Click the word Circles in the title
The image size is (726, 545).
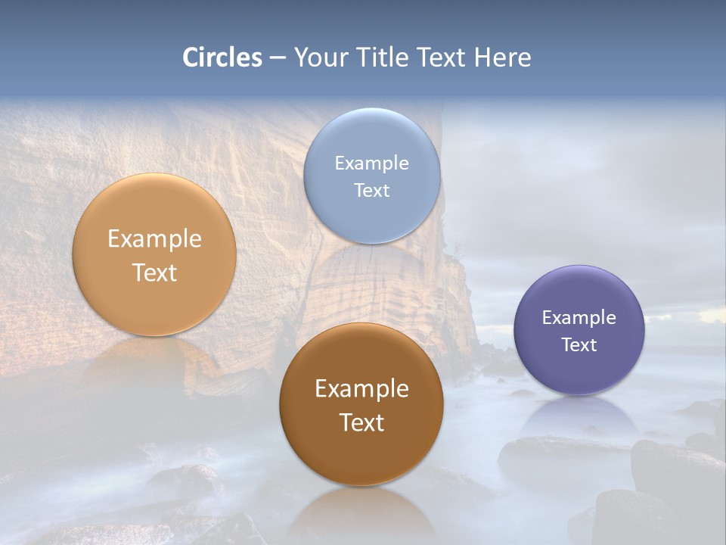222,58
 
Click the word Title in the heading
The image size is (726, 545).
382,58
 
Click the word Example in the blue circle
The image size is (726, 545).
371,163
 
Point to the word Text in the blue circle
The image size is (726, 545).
371,190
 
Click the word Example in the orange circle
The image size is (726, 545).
154,238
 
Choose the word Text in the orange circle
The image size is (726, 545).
154,272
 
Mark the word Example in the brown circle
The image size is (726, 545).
361,388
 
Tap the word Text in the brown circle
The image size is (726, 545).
361,422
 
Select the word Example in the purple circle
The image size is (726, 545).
579,317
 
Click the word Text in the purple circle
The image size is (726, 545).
579,344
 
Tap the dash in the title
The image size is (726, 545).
278,58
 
